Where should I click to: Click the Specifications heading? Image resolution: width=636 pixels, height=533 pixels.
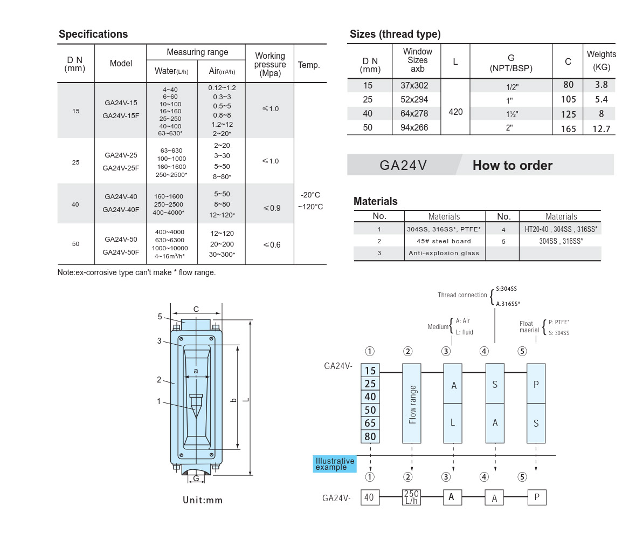click(93, 34)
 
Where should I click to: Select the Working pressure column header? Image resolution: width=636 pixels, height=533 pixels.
click(270, 64)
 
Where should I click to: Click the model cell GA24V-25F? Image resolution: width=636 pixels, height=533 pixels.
click(121, 168)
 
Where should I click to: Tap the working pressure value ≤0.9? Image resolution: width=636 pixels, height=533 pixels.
click(271, 208)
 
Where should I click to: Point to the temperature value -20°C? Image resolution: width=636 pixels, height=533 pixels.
click(310, 195)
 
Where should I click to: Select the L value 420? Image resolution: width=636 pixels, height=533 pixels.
click(455, 113)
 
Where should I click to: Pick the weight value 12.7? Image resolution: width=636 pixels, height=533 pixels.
click(600, 128)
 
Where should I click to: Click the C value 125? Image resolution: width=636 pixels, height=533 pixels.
click(568, 114)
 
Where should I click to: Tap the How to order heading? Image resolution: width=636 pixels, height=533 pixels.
click(512, 165)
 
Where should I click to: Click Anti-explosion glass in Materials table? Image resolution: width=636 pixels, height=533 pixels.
click(444, 253)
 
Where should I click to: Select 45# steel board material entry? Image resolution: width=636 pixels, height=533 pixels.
click(444, 241)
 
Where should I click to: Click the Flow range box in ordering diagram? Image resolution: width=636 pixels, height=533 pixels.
click(412, 404)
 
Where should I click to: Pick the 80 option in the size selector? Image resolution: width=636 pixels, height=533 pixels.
click(370, 436)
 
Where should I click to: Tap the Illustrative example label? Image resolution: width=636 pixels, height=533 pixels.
click(335, 464)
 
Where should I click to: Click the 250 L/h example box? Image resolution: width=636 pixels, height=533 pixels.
click(412, 497)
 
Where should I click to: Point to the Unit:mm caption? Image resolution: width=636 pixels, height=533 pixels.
click(203, 500)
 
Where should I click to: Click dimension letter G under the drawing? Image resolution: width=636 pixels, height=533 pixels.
click(196, 478)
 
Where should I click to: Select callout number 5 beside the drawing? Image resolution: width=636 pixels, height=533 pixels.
click(160, 317)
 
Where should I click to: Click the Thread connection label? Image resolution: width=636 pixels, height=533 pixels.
click(462, 295)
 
